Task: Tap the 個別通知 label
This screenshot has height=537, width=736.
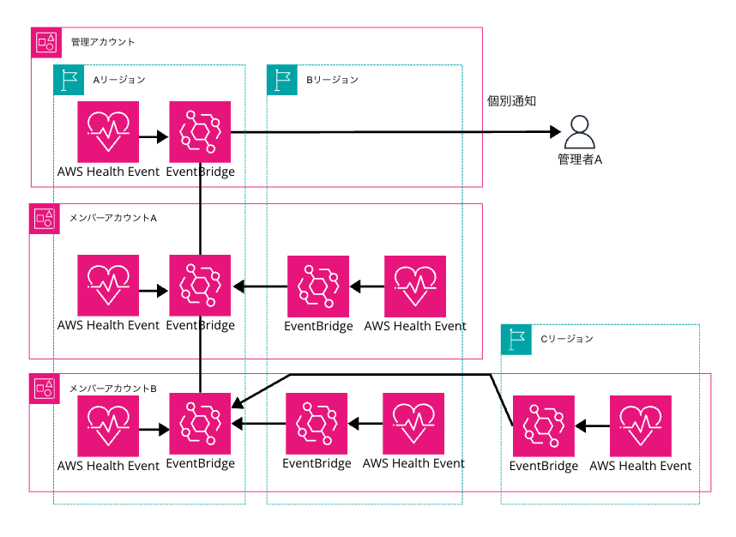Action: (511, 101)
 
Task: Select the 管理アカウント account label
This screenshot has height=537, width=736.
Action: (103, 42)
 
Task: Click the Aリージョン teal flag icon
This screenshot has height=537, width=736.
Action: (69, 79)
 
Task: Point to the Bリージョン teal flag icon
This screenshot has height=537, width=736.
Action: (282, 79)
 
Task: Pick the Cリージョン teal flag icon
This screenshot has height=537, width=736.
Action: (516, 339)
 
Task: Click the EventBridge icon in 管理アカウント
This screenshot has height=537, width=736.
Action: (201, 132)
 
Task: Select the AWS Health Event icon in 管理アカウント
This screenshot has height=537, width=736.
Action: (108, 132)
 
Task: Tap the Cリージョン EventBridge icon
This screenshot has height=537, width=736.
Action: (544, 425)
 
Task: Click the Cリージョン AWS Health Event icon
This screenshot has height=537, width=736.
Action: (641, 425)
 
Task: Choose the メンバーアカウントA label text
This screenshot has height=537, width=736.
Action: (112, 218)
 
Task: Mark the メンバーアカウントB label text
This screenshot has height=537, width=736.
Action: (112, 388)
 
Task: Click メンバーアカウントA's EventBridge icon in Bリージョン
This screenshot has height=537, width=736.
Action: (318, 287)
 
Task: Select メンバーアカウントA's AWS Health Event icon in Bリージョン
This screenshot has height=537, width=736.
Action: (415, 287)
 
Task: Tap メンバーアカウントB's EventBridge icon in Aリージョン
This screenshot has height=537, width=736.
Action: (201, 424)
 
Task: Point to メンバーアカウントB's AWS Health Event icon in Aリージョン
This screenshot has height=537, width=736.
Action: (108, 424)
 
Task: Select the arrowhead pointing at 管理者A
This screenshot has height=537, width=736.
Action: (554, 132)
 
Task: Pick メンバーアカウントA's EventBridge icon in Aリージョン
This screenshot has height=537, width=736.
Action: (201, 287)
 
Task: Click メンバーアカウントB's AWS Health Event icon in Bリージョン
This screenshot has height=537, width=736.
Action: (413, 424)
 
